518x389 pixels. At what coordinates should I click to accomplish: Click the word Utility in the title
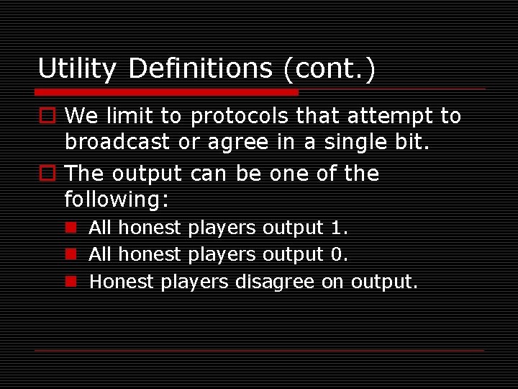pos(76,69)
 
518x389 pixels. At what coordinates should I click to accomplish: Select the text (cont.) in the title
pos(329,69)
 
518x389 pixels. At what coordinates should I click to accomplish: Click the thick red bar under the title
pos(167,92)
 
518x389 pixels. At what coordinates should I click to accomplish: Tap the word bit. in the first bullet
pos(410,142)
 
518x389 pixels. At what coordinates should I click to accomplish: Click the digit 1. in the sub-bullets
pos(339,228)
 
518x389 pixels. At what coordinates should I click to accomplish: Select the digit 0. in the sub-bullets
pos(339,254)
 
